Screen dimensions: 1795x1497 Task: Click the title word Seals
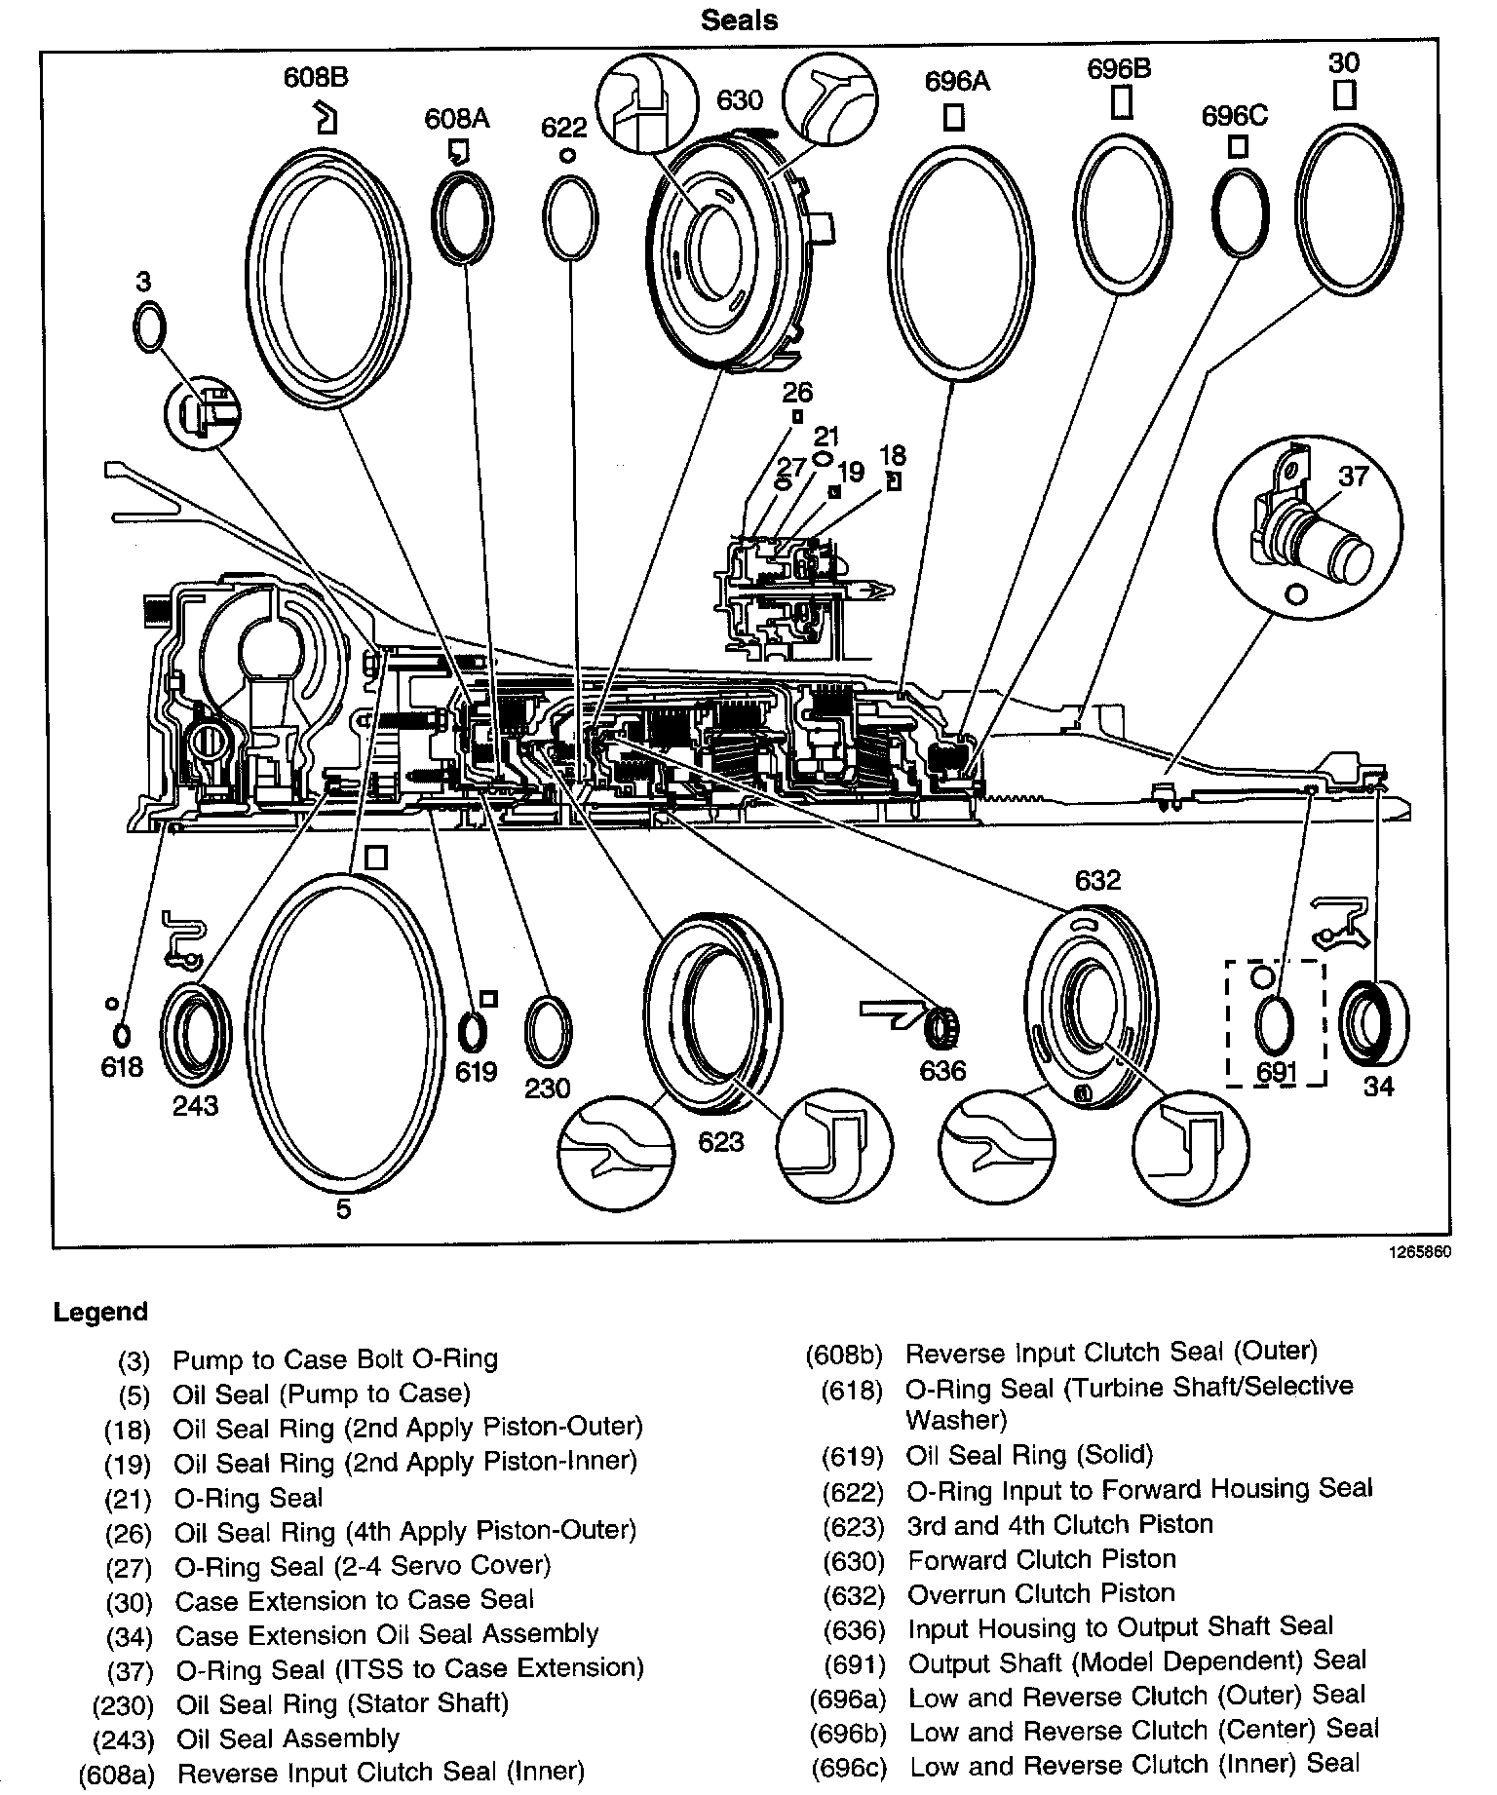740,20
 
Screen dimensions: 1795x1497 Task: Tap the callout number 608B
316,77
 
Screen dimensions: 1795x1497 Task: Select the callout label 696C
1235,116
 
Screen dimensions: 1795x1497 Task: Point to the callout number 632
1097,881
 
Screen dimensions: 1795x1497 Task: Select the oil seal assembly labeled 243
196,1035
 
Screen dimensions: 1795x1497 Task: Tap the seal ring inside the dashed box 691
1274,1026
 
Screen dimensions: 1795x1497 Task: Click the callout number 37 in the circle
1353,477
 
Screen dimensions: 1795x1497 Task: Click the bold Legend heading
100,1312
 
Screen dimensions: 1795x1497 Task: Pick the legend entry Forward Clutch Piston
1042,1560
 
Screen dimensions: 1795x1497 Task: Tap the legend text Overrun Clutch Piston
1041,1594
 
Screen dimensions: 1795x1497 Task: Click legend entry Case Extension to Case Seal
354,1600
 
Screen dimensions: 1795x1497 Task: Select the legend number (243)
125,1739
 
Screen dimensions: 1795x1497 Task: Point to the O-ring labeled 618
123,1035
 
